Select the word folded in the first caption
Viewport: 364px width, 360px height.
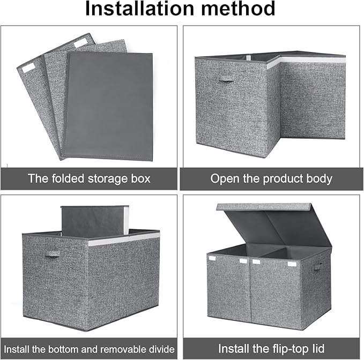point(77,178)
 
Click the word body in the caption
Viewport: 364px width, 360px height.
point(317,178)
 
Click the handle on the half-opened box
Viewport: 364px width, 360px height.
point(227,79)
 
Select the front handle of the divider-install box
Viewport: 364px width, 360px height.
point(52,253)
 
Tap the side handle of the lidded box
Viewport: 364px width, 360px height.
point(318,265)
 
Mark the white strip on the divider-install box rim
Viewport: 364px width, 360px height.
point(124,239)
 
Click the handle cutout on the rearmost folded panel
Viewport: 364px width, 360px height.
point(82,41)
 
